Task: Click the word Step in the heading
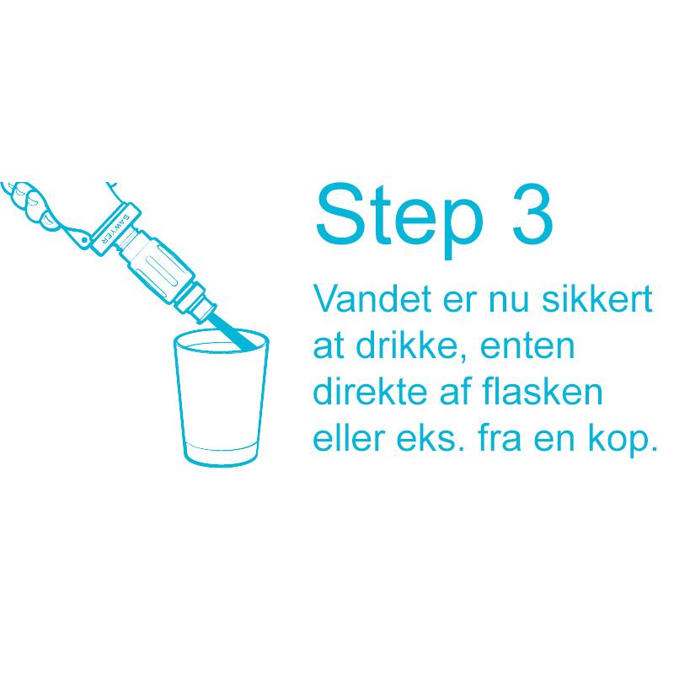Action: click(x=399, y=220)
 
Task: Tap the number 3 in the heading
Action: click(x=532, y=214)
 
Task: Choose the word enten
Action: click(x=527, y=346)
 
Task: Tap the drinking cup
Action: click(x=221, y=397)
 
